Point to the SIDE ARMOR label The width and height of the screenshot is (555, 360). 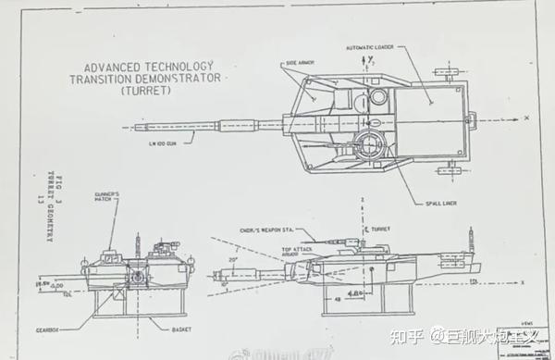(300, 62)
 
